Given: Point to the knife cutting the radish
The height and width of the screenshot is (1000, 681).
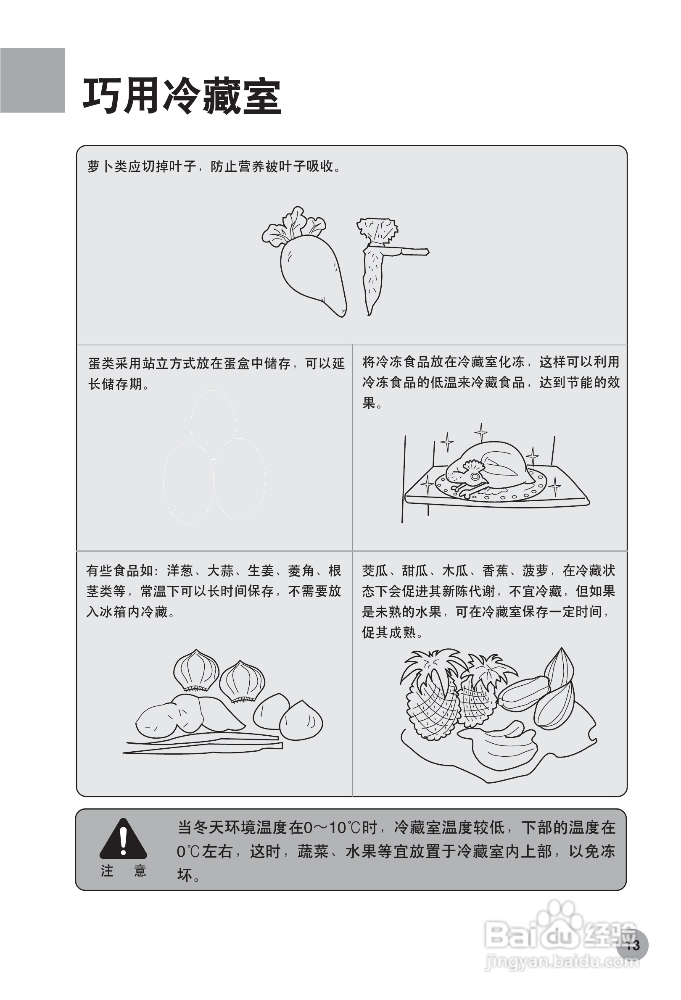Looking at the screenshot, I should pyautogui.click(x=407, y=251).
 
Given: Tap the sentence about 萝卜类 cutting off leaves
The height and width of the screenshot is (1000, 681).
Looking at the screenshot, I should pyautogui.click(x=214, y=166).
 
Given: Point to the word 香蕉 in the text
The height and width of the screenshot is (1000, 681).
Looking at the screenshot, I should pyautogui.click(x=496, y=571).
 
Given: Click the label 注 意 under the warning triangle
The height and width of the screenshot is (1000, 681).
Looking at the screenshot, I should pyautogui.click(x=123, y=871).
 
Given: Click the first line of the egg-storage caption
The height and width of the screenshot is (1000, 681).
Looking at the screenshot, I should pyautogui.click(x=216, y=363).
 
